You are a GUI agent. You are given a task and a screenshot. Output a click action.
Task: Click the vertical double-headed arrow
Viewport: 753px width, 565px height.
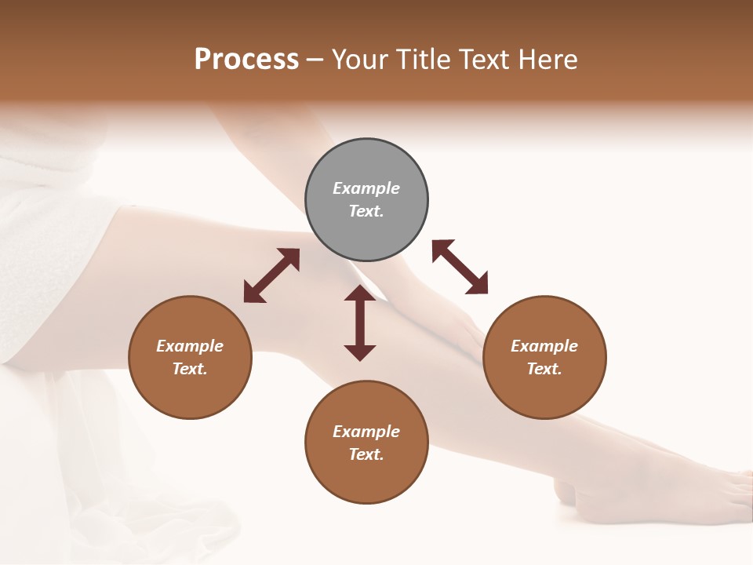tap(360, 323)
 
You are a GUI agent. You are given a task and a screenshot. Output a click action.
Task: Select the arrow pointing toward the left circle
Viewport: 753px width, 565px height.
tap(271, 275)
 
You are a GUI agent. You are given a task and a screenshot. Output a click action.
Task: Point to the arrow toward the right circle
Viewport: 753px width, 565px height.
tap(460, 267)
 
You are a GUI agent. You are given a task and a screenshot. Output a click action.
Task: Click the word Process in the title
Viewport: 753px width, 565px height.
tap(246, 60)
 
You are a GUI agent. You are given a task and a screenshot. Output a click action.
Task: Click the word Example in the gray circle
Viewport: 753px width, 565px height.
tap(366, 188)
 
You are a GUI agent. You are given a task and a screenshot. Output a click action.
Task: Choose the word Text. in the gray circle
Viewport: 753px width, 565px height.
tap(366, 211)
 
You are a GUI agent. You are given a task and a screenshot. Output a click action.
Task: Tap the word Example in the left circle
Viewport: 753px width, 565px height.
tap(190, 346)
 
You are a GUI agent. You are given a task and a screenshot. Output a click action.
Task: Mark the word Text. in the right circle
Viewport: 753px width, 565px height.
tap(544, 369)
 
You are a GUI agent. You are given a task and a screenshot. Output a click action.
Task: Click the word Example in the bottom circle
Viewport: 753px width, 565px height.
tap(366, 432)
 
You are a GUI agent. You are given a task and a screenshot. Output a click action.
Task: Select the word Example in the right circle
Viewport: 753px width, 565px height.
tap(544, 346)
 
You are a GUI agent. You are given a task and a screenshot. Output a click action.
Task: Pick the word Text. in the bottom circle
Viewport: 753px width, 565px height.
tap(366, 454)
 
